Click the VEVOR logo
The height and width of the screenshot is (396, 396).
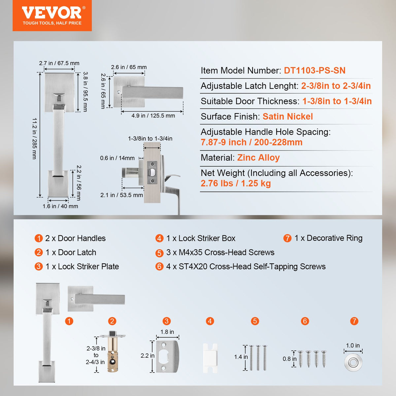tap(52, 16)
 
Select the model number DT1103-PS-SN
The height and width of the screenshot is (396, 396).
tap(314, 71)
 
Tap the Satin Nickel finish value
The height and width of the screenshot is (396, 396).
tap(287, 116)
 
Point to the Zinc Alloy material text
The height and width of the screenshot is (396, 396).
tap(258, 158)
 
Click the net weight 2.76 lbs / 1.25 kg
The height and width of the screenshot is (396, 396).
tap(236, 183)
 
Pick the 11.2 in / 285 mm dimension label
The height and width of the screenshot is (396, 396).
tap(34, 139)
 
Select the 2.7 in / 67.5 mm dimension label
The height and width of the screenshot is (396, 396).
tap(59, 63)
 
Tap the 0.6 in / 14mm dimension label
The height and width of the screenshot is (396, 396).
tap(117, 158)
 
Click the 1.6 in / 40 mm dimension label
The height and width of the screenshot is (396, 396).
tap(60, 206)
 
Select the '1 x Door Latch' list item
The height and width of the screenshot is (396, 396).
tap(70, 252)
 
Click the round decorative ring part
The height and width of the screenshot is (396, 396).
tap(353, 363)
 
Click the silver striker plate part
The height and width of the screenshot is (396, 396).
tap(167, 356)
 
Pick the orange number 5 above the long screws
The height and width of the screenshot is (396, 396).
tap(255, 321)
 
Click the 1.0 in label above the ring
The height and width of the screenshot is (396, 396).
tap(353, 346)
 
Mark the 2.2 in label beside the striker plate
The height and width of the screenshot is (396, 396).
tap(147, 356)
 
